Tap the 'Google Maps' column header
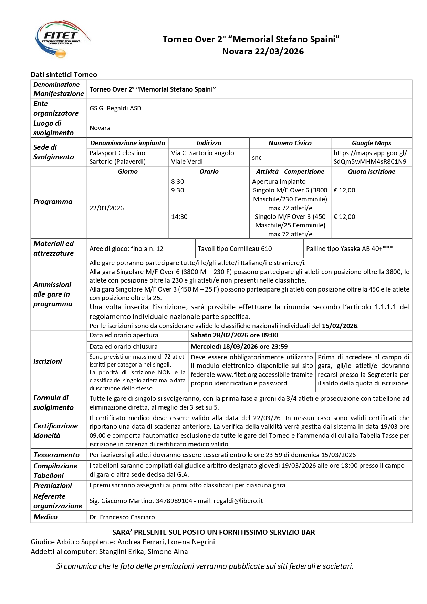(371, 143)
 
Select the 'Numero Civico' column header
(290, 143)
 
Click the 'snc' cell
(257, 158)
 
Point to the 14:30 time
(179, 217)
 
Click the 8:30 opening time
(178, 182)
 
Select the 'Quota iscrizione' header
(371, 172)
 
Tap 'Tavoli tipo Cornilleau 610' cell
(235, 249)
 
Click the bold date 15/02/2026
(340, 326)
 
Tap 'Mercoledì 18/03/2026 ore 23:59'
(239, 347)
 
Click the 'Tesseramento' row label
(56, 455)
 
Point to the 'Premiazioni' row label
(53, 486)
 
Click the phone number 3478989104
(174, 501)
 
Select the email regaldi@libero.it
(238, 501)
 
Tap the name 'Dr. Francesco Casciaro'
(123, 517)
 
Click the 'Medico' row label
(45, 517)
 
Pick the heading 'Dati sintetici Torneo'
(64, 75)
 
